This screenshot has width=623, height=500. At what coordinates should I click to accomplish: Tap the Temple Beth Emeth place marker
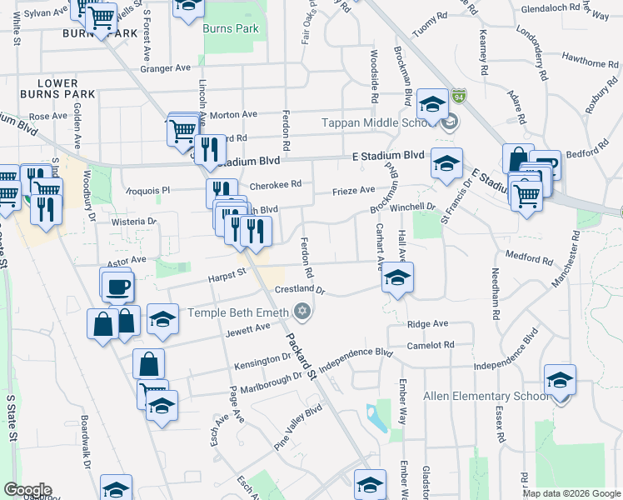303,312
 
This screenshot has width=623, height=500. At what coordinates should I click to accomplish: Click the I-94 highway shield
459,97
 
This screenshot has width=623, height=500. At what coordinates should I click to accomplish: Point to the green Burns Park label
231,28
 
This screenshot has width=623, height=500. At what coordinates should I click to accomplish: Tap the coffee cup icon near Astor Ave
117,286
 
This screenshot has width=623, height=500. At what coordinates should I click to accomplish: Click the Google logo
27,490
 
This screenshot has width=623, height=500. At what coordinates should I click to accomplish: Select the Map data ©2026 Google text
571,493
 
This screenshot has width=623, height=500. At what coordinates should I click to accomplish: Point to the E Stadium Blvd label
388,156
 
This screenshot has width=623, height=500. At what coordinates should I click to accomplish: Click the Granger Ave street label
166,69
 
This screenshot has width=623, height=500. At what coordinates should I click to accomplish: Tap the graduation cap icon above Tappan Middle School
431,105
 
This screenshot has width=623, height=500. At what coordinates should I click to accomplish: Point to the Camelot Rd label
431,344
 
